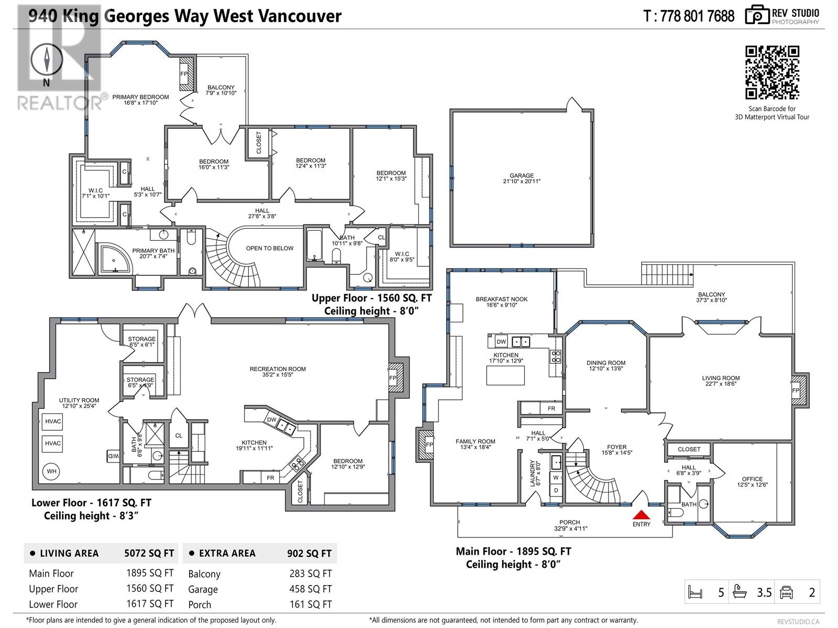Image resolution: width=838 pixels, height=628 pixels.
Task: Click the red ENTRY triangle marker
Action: click(642, 514)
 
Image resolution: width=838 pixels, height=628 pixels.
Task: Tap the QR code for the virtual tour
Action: click(773, 72)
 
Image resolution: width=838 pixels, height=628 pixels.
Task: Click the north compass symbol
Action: click(47, 60)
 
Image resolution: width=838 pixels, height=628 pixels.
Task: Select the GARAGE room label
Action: click(522, 176)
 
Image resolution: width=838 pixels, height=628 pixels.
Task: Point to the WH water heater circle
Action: click(51, 472)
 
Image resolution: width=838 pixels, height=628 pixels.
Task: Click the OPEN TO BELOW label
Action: click(270, 248)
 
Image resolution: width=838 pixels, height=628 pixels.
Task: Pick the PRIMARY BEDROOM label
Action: click(140, 97)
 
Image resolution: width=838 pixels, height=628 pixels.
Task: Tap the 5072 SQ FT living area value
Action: click(149, 553)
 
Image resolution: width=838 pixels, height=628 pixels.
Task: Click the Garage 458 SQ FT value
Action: click(311, 589)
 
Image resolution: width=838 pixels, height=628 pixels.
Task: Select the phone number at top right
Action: click(689, 16)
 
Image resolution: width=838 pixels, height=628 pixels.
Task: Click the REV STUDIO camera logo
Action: click(757, 15)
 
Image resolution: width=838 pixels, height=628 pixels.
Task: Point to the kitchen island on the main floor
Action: click(505, 375)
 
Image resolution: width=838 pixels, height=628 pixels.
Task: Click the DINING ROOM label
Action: click(606, 363)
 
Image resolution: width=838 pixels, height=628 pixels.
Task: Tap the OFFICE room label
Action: click(752, 479)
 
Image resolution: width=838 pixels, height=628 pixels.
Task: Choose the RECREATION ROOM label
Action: click(278, 369)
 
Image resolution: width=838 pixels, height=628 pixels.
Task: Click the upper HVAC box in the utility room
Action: click(52, 421)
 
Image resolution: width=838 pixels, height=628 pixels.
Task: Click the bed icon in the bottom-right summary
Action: click(695, 592)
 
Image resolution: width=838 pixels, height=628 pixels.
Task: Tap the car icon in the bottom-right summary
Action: click(786, 592)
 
